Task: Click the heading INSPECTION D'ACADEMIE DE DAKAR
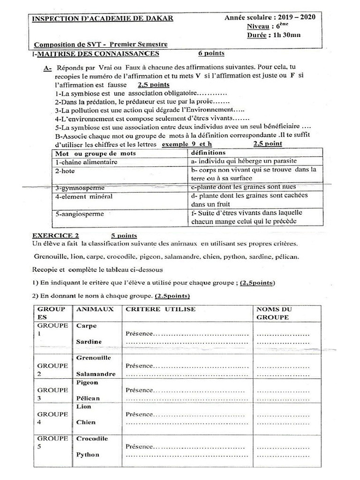coord(102,18)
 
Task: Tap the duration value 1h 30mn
coord(287,35)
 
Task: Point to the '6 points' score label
coord(211,53)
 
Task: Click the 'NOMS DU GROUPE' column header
coord(274,313)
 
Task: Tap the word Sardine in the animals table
coord(89,342)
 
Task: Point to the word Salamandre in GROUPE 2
coord(96,374)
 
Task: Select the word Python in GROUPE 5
coord(88,454)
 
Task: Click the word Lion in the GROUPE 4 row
coord(84,406)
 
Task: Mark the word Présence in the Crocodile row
coord(139,447)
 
